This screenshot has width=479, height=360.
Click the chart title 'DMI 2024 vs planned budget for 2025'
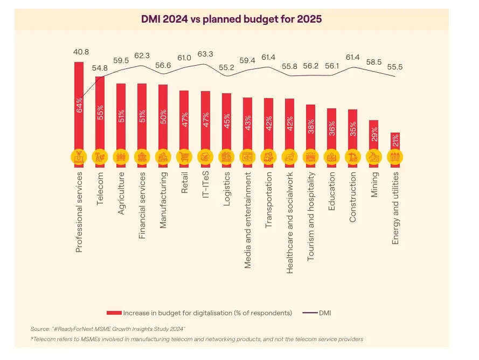coord(232,19)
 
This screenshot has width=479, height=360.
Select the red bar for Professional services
coord(79,108)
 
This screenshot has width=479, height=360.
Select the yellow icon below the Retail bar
coord(184,157)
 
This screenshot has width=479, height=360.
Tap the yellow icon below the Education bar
coord(331,157)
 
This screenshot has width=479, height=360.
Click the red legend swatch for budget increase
coord(114,313)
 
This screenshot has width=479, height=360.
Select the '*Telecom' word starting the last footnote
coord(44,339)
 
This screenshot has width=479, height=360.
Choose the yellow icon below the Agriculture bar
coord(121,157)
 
